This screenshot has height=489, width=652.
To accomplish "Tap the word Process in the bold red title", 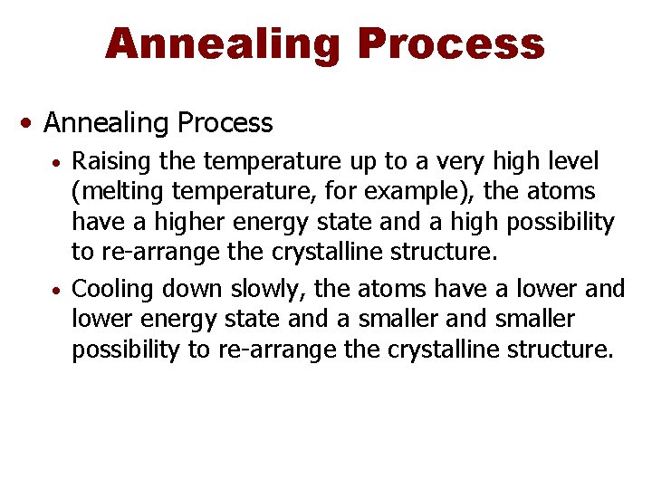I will (450, 43).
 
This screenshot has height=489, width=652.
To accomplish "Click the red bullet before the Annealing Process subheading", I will (31, 122).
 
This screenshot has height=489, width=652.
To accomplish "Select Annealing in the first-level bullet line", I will (106, 122).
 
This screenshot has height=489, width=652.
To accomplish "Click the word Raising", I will (111, 162).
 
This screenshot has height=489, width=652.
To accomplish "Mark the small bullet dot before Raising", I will (56, 165).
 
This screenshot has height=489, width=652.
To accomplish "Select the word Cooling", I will (111, 290).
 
